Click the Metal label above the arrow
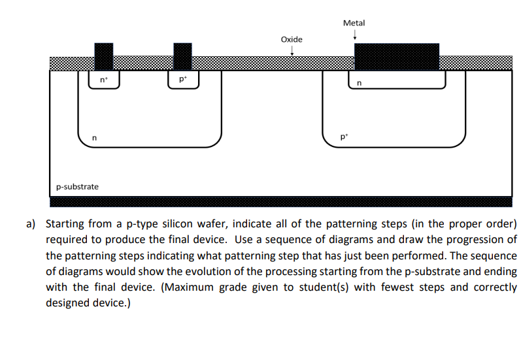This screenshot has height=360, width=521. [x=354, y=23]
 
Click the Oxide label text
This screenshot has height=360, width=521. [x=292, y=40]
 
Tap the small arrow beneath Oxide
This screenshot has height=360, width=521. [x=292, y=52]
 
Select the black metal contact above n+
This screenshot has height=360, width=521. [x=103, y=56]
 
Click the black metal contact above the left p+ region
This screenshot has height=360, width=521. [x=182, y=56]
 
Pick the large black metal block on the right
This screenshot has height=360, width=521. [x=396, y=57]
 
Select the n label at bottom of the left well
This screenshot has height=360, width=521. [x=95, y=138]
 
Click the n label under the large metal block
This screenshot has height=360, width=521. [x=358, y=83]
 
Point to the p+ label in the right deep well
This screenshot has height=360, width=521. [x=345, y=138]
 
